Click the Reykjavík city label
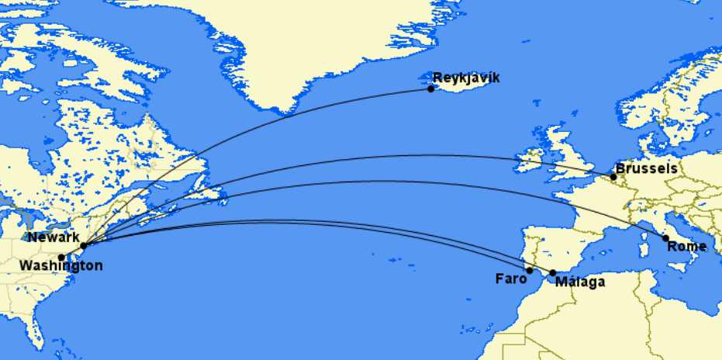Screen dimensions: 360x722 point(466,78)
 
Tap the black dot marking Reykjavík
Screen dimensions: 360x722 point(431,88)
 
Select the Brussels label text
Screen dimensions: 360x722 point(646,168)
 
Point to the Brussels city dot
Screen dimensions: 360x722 point(613,177)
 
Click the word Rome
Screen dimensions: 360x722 point(687,247)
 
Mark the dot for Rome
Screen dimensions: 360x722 point(665,238)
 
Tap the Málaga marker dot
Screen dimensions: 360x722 point(552,273)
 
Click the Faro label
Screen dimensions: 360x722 point(510,278)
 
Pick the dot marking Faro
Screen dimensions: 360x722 point(530,271)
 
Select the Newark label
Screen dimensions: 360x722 point(52,237)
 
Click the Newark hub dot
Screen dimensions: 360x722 point(83,245)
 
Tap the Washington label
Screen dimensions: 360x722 point(60,266)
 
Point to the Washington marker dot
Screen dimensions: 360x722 point(61,257)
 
